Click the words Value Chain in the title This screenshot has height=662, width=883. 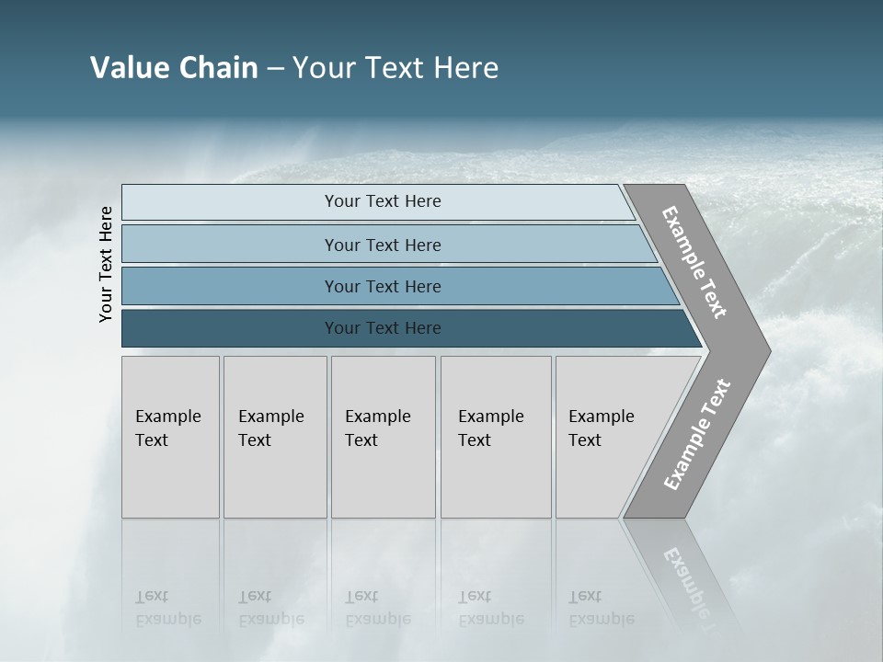click(x=174, y=67)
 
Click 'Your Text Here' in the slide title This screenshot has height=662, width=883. click(x=396, y=67)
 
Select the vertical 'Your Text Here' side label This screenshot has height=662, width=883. click(x=106, y=264)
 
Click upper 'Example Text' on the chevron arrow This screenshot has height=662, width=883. click(x=694, y=262)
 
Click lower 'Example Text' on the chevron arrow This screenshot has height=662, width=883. click(x=696, y=435)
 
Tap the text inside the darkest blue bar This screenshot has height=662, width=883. click(x=383, y=328)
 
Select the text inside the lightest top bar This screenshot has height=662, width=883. click(x=383, y=201)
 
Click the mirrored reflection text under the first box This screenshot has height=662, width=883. click(x=167, y=609)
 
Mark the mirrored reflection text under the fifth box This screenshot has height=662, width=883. click(x=601, y=609)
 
